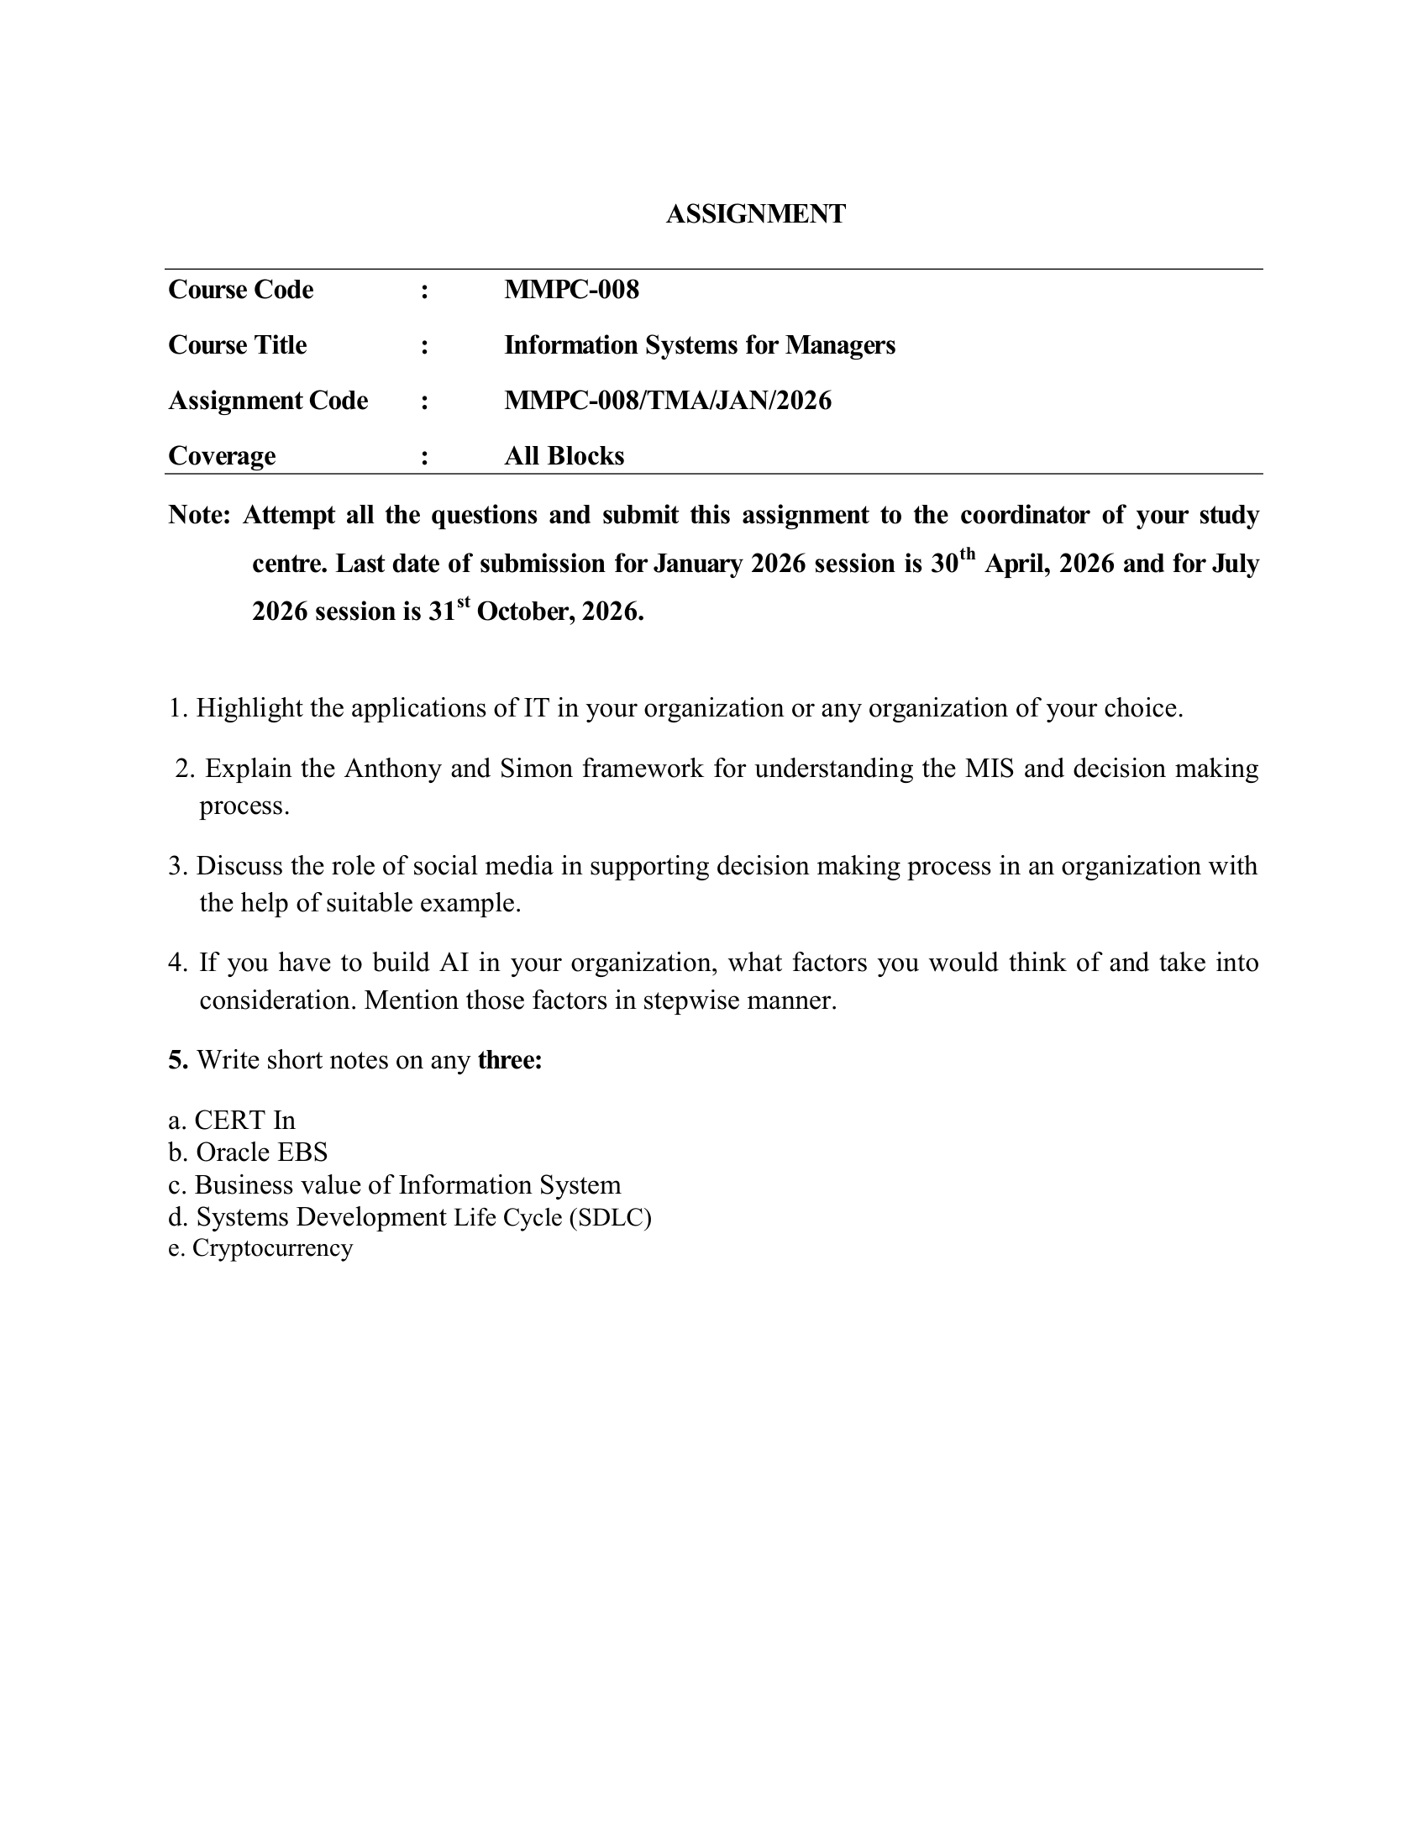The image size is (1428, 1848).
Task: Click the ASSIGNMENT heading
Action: click(x=754, y=214)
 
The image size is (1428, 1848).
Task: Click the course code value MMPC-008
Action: click(x=571, y=291)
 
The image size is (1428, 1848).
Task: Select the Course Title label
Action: click(x=237, y=345)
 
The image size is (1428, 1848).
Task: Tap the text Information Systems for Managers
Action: click(x=699, y=345)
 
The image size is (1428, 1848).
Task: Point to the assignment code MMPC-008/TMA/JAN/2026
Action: click(x=668, y=400)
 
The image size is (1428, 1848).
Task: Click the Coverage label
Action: click(x=222, y=456)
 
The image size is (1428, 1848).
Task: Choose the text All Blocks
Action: click(x=564, y=456)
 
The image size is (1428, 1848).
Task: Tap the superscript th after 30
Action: click(x=967, y=555)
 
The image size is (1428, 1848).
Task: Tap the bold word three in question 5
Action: click(x=509, y=1060)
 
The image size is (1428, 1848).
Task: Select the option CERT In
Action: click(x=244, y=1121)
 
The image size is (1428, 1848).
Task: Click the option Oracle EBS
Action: click(x=260, y=1152)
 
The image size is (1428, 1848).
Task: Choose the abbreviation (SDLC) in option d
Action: click(x=610, y=1218)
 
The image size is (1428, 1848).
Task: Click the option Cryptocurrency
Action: click(x=271, y=1248)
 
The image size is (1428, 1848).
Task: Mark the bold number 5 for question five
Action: click(x=176, y=1060)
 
